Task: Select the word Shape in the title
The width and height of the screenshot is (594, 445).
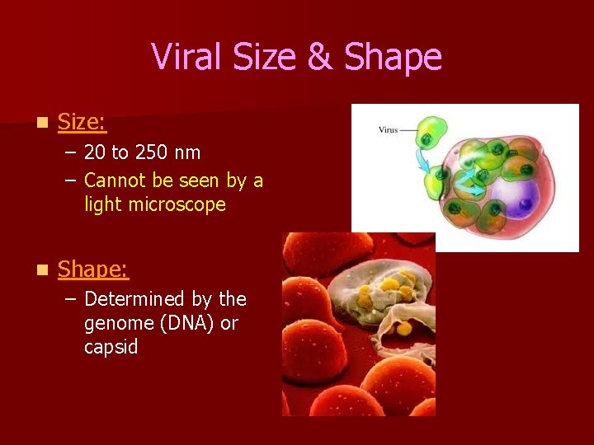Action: point(393,59)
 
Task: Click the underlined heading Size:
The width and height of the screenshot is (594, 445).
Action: point(82,123)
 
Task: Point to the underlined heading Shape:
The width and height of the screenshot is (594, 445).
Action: point(93,269)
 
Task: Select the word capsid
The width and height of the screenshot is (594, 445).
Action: point(111,348)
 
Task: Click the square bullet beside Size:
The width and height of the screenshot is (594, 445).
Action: point(41,124)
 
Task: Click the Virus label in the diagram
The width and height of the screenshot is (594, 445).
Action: point(388,129)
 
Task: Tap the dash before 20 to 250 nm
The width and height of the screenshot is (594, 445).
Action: point(70,153)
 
